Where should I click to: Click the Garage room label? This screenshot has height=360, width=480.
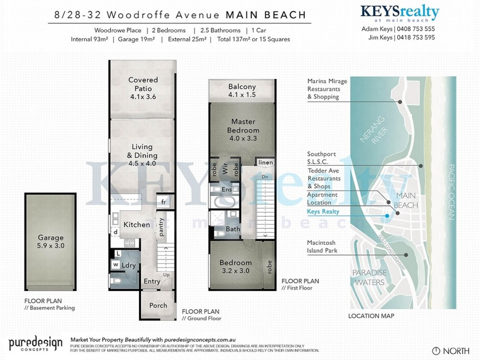click(51, 237)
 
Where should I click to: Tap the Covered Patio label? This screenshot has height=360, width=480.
click(143, 84)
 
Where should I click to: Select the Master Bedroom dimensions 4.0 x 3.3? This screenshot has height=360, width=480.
click(243, 138)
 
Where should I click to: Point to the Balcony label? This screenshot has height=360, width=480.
click(242, 87)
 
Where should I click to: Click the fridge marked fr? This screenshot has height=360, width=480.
click(163, 202)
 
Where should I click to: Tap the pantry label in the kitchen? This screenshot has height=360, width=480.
click(161, 227)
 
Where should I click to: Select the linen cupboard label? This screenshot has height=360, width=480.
click(266, 162)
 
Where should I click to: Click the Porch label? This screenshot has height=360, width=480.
click(158, 305)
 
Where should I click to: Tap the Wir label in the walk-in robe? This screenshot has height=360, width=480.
click(225, 169)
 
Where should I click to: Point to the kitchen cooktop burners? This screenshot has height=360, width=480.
click(129, 243)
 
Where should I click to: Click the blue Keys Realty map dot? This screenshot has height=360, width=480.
click(387, 216)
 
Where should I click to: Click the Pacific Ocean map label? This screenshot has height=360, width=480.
click(451, 192)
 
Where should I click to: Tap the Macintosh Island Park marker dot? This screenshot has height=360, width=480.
click(406, 255)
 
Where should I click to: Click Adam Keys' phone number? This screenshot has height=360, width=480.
click(416, 29)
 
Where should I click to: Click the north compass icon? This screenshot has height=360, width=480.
click(436, 351)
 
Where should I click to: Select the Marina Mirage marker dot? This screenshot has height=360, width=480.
click(400, 102)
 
